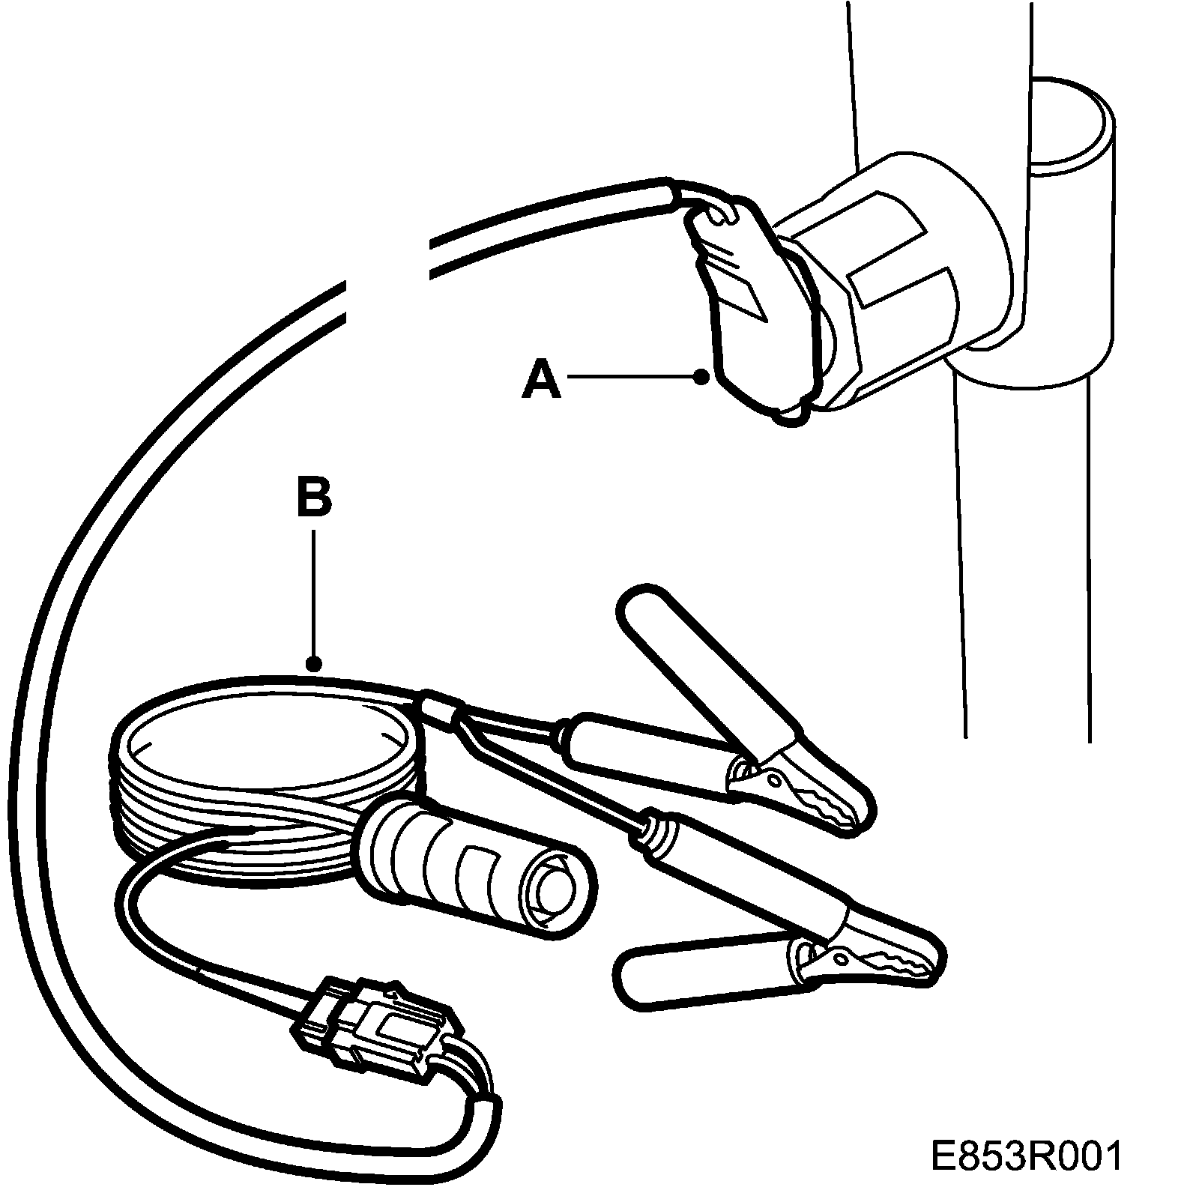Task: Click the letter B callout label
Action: (x=314, y=495)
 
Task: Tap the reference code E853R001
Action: (x=1027, y=1155)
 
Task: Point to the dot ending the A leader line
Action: (x=701, y=377)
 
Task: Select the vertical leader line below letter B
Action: (x=315, y=592)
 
